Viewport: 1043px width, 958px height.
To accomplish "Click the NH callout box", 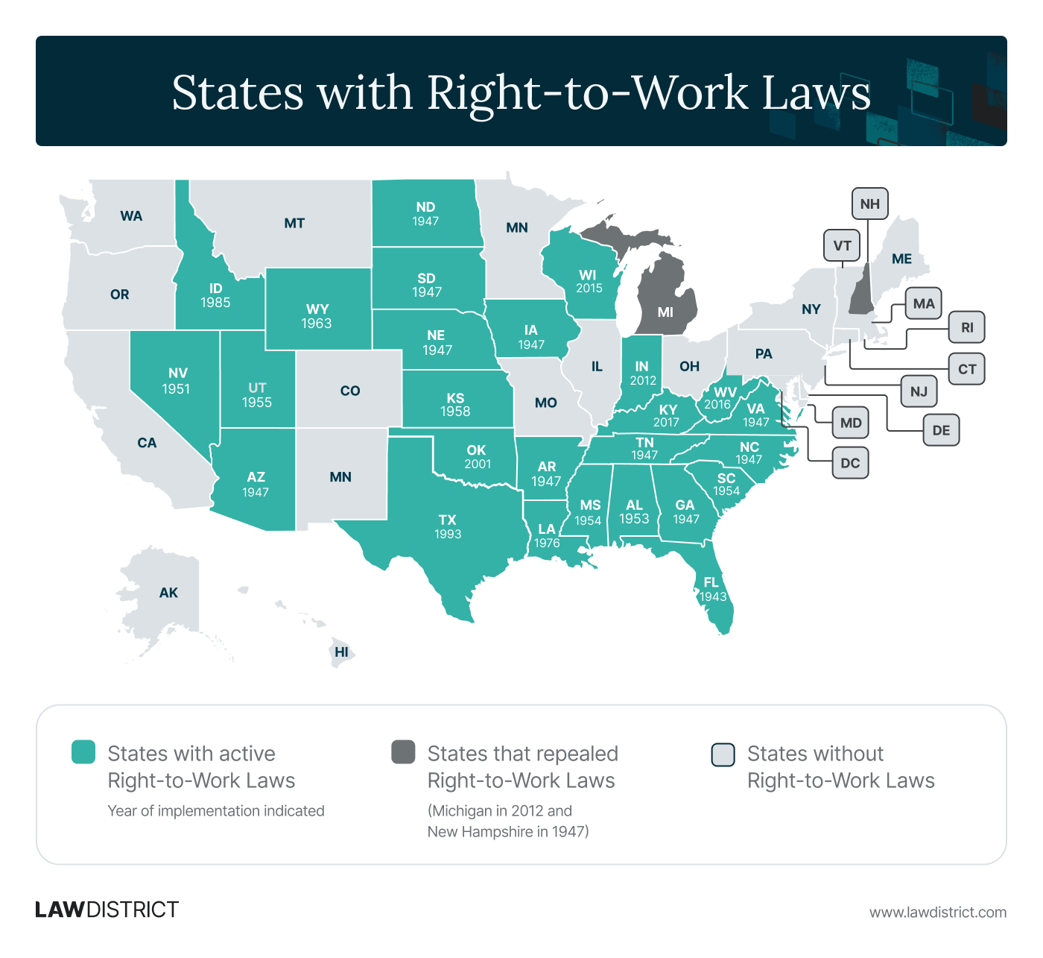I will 869,204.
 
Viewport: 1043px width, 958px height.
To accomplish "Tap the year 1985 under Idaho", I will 215,303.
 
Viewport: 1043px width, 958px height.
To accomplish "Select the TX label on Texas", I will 447,520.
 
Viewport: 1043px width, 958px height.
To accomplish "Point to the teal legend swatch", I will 83,752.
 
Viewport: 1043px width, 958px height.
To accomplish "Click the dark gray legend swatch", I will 403,752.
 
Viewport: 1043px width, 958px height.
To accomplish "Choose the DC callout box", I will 850,463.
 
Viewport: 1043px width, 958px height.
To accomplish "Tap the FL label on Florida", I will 711,582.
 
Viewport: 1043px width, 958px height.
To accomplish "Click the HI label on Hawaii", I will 341,652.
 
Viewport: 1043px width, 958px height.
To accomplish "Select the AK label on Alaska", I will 168,593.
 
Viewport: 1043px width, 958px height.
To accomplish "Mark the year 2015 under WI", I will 589,289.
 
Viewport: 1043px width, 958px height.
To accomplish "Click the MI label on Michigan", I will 665,312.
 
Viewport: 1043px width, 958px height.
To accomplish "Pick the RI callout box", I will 967,327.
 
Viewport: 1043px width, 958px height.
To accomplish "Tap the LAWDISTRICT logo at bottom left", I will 107,910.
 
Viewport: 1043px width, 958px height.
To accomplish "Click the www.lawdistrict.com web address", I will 937,913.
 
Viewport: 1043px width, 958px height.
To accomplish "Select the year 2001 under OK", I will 478,464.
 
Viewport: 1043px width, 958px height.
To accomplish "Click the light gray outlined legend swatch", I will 723,754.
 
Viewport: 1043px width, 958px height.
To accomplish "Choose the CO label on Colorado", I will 350,391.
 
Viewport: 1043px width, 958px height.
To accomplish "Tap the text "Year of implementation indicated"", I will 216,811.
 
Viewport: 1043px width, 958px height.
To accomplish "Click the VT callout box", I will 842,245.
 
